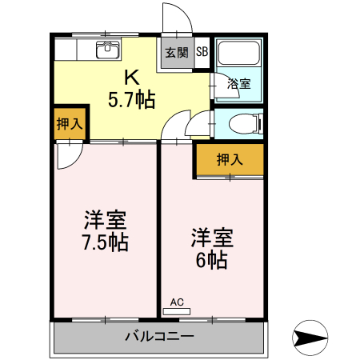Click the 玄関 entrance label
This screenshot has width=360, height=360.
coord(177,53)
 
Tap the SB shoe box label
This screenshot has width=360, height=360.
coord(202,53)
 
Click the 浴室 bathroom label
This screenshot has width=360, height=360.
coord(238,83)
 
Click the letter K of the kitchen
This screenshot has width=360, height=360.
coord(132,78)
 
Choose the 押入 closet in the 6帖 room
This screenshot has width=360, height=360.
coord(230,160)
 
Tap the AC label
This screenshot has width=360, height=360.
coord(177,302)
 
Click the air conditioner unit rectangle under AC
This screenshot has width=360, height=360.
coord(177,310)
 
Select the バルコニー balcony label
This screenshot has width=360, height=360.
coord(158,336)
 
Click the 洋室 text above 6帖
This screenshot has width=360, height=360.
coord(211,238)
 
